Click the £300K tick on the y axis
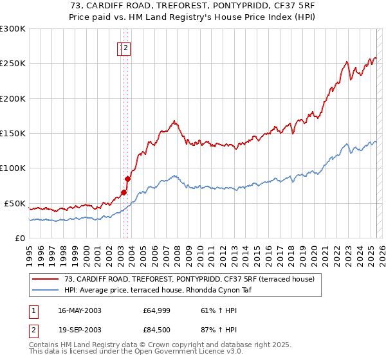pyautogui.click(x=13, y=29)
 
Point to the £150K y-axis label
pyautogui.click(x=13, y=134)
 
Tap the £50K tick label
pyautogui.click(x=15, y=203)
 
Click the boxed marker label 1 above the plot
pyautogui.click(x=120, y=48)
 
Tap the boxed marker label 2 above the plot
pyautogui.click(x=126, y=48)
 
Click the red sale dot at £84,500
pyautogui.click(x=127, y=179)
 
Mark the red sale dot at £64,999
pyautogui.click(x=124, y=192)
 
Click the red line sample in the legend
pyautogui.click(x=46, y=279)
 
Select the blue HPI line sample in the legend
pyautogui.click(x=46, y=290)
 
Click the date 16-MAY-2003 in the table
pyautogui.click(x=80, y=311)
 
